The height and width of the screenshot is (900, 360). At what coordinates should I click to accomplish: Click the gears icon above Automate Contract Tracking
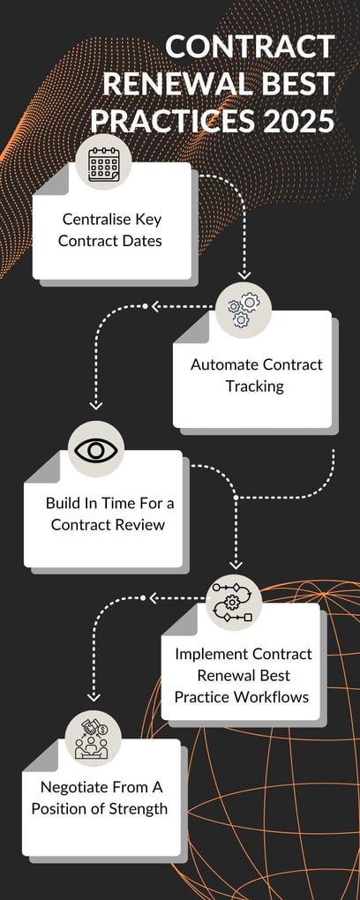[244, 311]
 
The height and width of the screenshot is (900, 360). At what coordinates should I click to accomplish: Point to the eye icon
[96, 450]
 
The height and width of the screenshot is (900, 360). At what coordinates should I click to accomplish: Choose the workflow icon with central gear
[233, 604]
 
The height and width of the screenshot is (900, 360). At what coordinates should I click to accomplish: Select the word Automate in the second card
[224, 364]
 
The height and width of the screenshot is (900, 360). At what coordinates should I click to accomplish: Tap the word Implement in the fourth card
[211, 654]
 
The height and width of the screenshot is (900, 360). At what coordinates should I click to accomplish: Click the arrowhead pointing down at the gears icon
[244, 275]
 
